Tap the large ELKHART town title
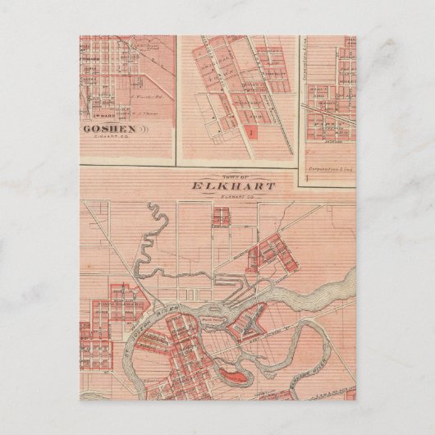[234, 185]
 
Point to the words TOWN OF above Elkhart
[233, 173]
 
